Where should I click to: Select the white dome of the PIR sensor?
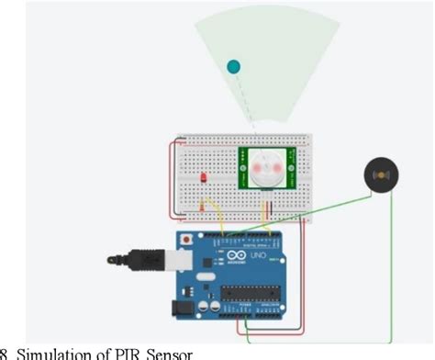click(x=265, y=168)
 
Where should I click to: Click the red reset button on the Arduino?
click(x=188, y=239)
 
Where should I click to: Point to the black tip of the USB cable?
click(x=115, y=258)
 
